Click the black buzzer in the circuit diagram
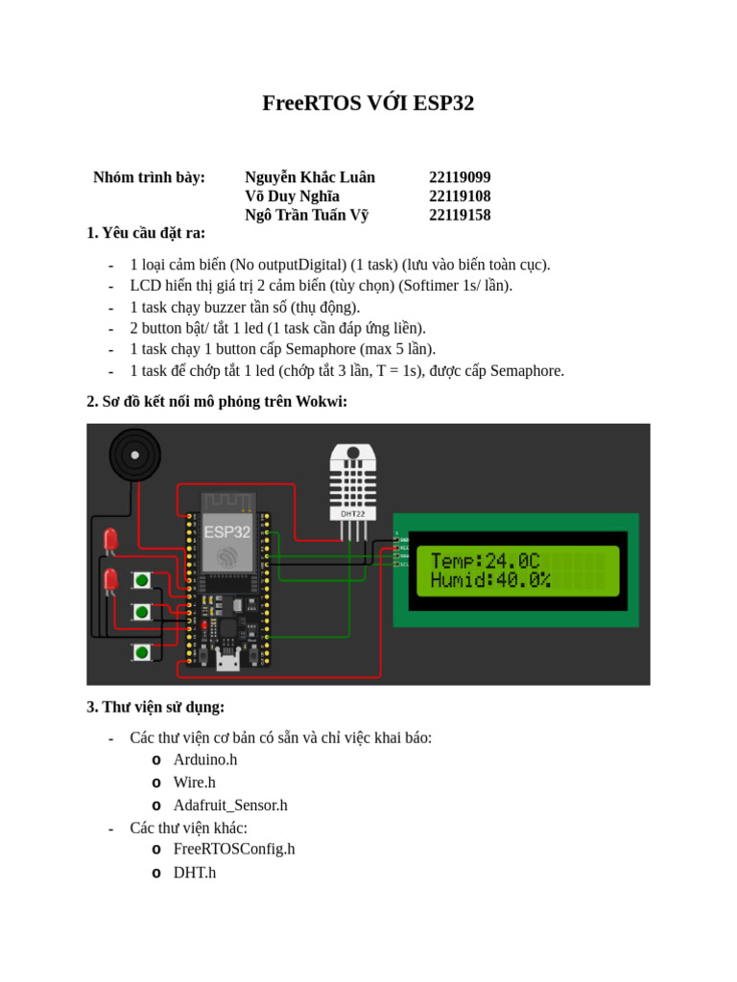134,455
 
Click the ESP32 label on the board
227,531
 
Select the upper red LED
110,540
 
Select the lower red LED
110,579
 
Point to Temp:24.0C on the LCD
485,561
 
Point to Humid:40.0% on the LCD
490,580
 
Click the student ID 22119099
460,177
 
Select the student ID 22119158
460,215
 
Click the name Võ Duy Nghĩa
292,197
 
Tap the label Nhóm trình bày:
149,177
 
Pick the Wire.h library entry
194,783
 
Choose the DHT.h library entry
195,873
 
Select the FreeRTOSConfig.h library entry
234,849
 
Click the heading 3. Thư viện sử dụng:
155,708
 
